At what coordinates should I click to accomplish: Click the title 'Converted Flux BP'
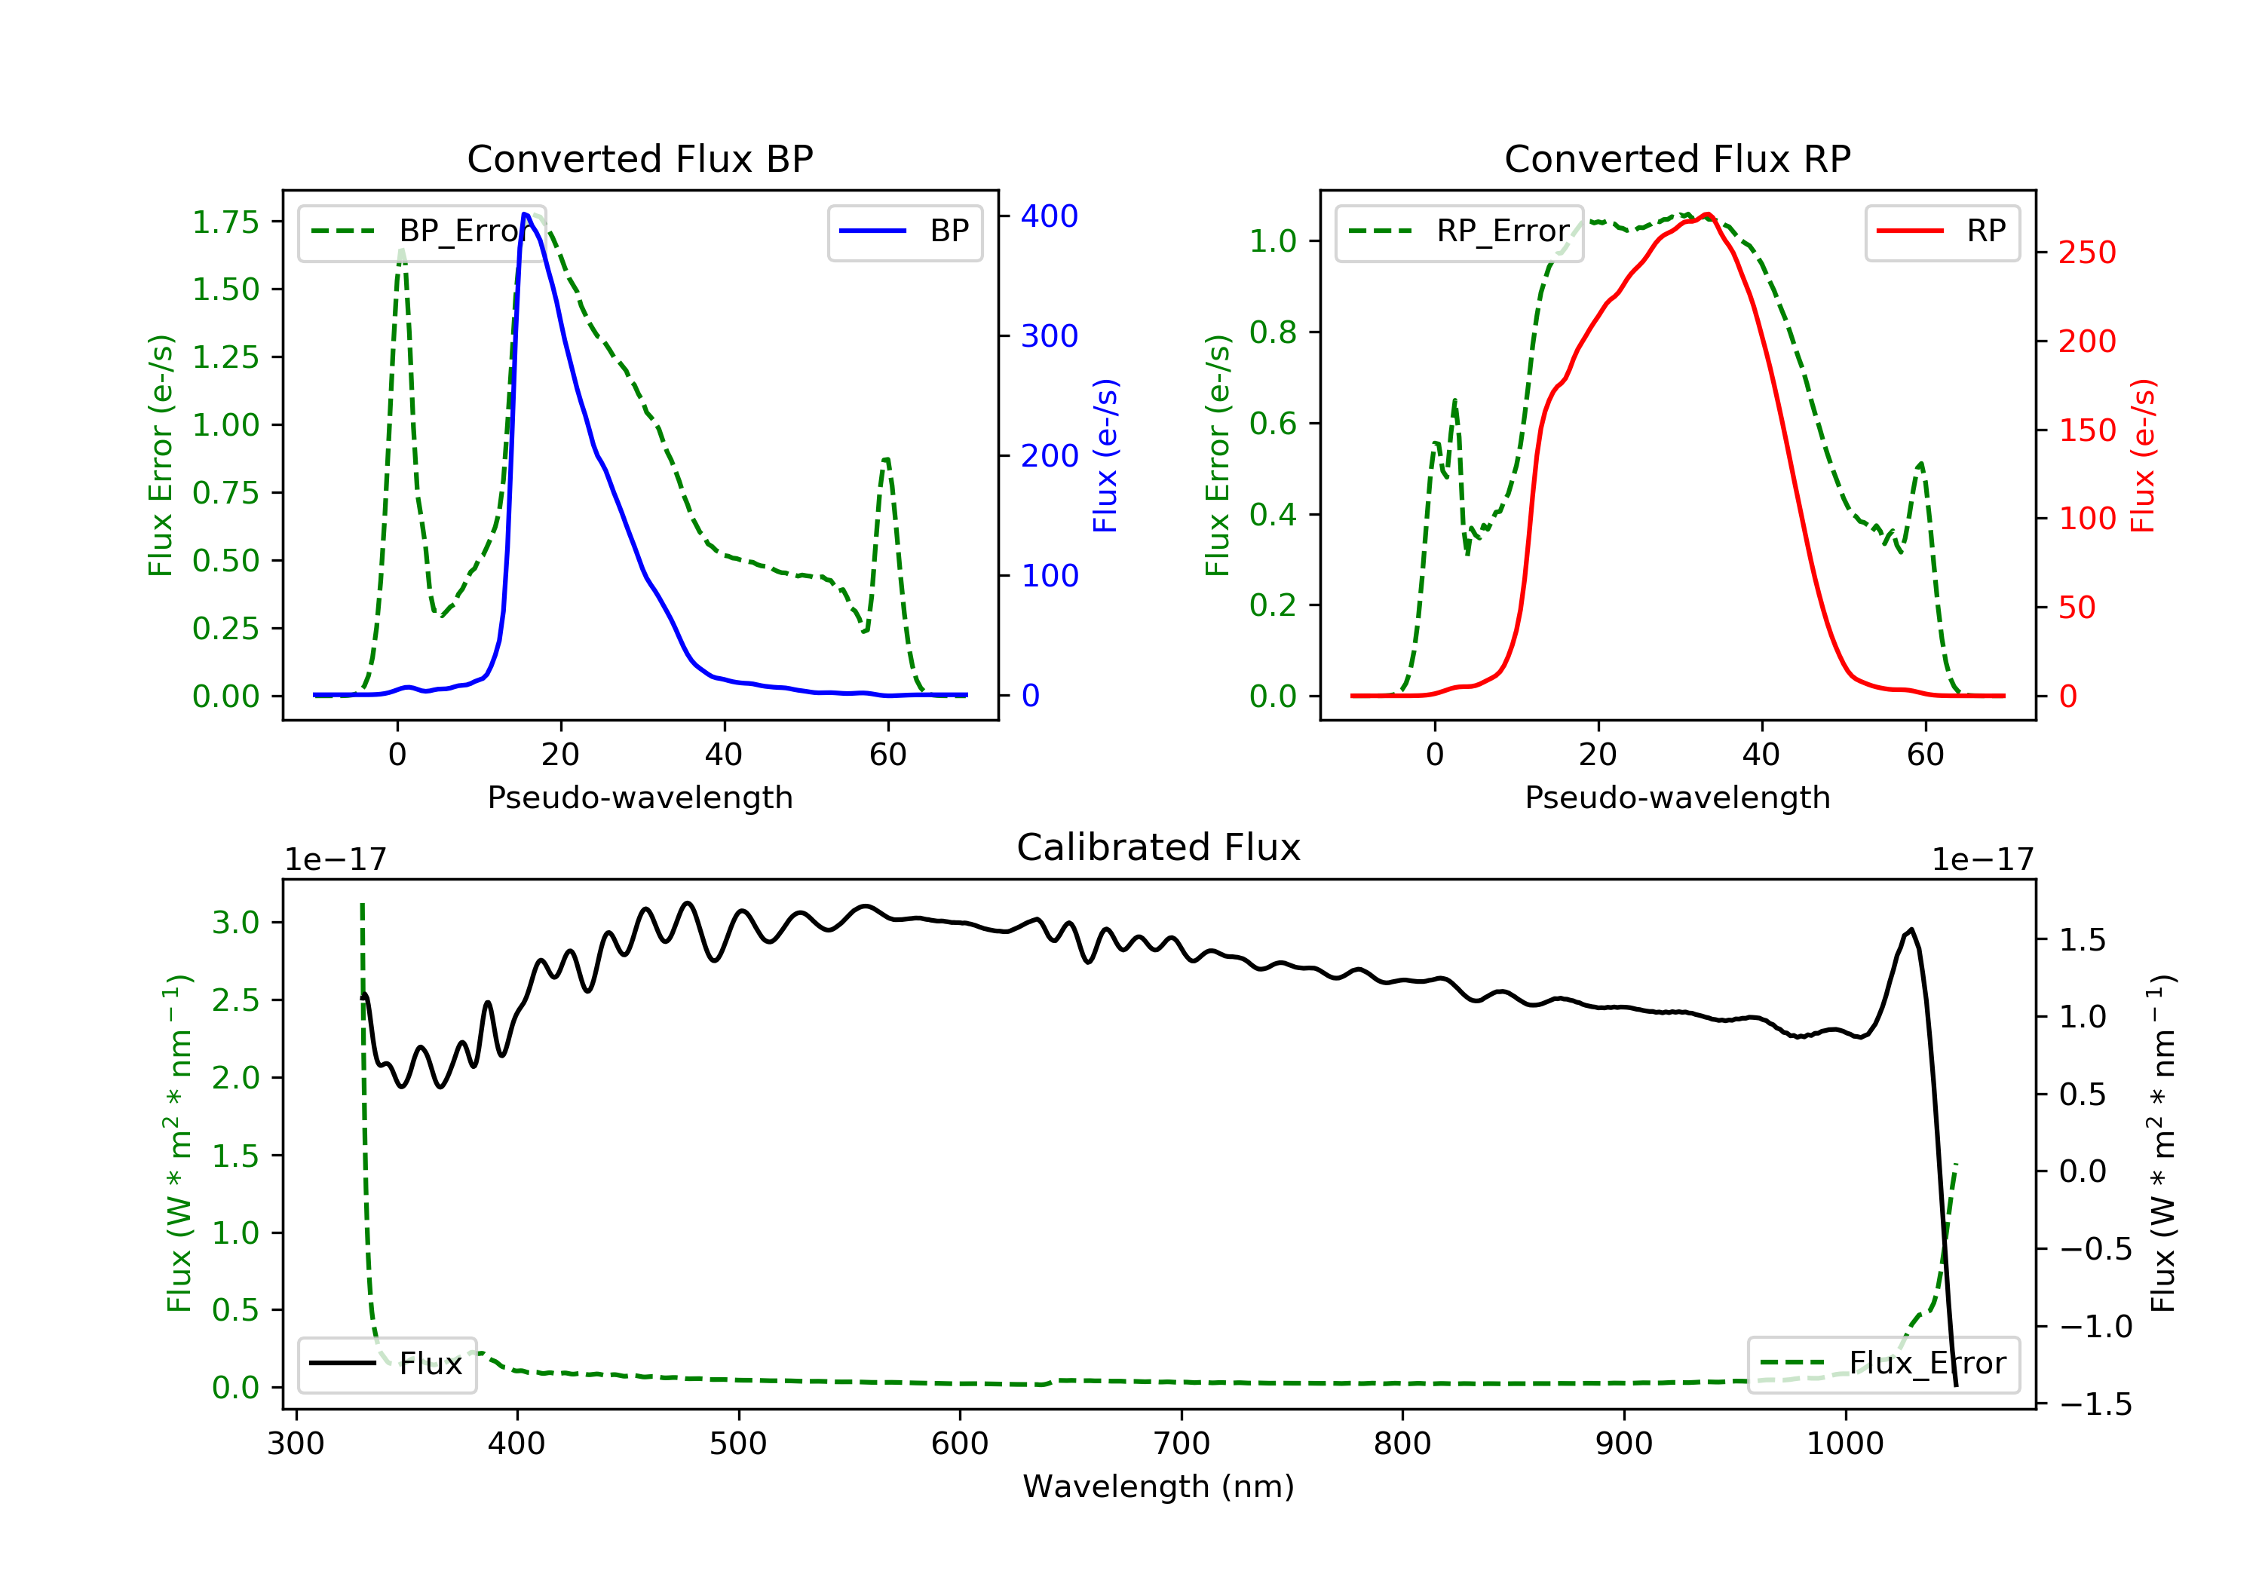tap(639, 158)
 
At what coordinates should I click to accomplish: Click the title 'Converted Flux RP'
tap(1677, 158)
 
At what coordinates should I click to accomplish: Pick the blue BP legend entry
tap(904, 231)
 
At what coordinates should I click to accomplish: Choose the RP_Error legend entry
tap(1458, 231)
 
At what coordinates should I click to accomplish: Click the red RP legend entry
tap(1941, 231)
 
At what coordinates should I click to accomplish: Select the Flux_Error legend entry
tap(1883, 1364)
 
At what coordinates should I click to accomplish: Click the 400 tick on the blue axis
tap(1050, 216)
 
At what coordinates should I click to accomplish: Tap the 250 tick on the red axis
tap(2086, 253)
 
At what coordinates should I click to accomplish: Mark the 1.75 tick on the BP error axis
tap(225, 222)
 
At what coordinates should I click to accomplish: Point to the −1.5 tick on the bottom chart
tap(2095, 1404)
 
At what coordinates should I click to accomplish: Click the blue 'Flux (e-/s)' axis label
tap(1105, 455)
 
